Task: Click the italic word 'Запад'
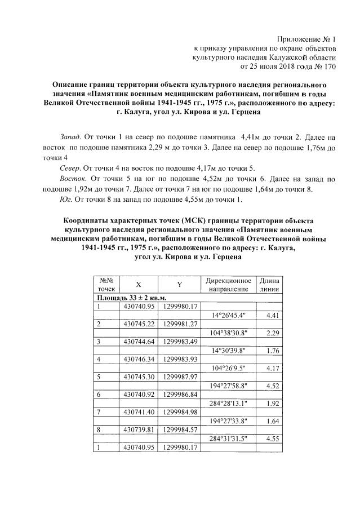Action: click(70, 137)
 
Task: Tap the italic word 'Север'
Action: click(70, 168)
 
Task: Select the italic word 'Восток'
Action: click(72, 178)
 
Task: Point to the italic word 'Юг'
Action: click(65, 199)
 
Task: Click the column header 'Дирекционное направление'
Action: click(227, 285)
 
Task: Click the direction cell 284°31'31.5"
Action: click(226, 438)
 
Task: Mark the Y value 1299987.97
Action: click(179, 377)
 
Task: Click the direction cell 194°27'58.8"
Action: click(226, 385)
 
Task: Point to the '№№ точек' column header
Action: click(107, 285)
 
